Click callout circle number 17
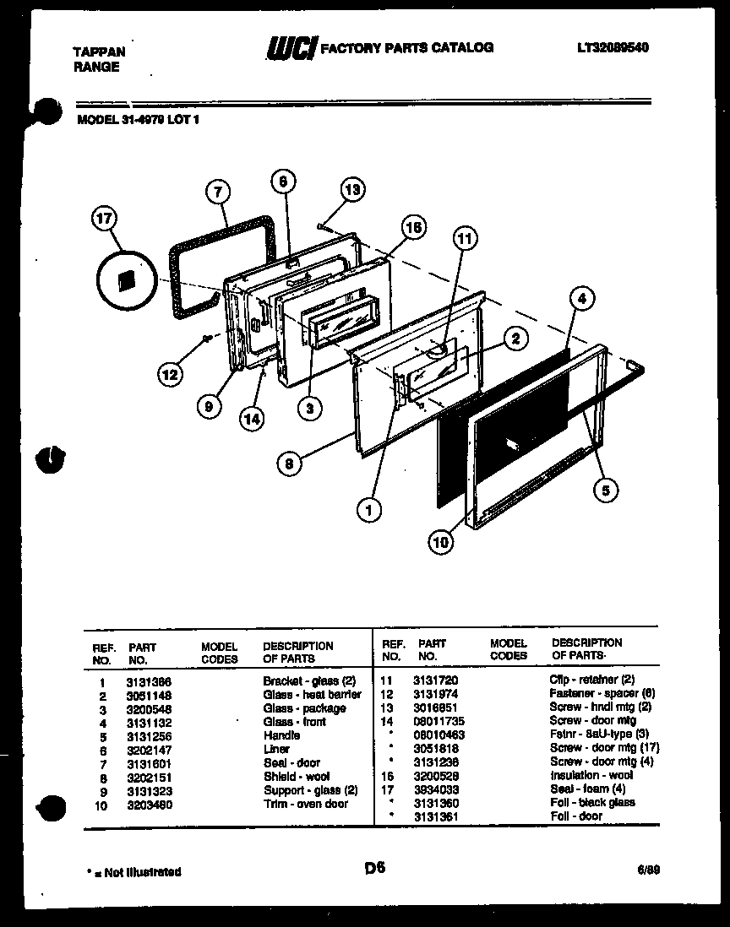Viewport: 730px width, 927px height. pos(102,220)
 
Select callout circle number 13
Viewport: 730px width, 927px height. pos(353,189)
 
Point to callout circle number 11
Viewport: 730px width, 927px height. pos(464,239)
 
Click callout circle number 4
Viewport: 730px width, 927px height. pos(581,297)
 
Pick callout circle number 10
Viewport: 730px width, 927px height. pos(440,543)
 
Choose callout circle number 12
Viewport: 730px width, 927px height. pos(172,372)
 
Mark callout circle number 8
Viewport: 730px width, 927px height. pos(290,462)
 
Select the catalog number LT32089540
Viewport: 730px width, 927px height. pos(613,48)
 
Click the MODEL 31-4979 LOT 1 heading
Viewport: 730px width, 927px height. pos(138,119)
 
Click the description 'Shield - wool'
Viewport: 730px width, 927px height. pos(297,776)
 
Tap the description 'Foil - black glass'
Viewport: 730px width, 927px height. pos(592,803)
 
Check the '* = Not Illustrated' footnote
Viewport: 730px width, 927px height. pos(133,871)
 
